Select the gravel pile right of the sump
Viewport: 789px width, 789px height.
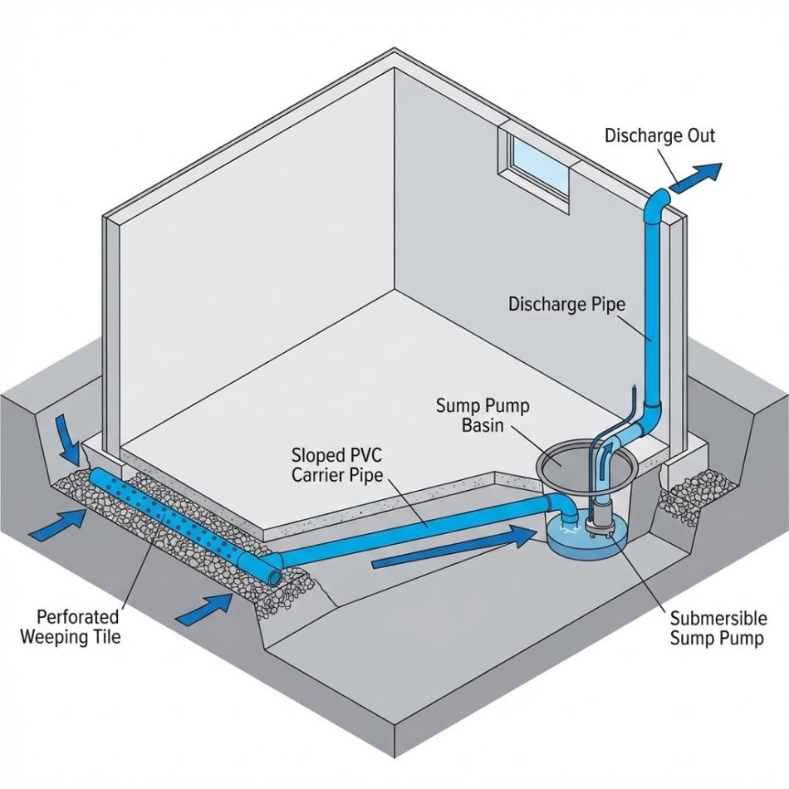pos(697,491)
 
